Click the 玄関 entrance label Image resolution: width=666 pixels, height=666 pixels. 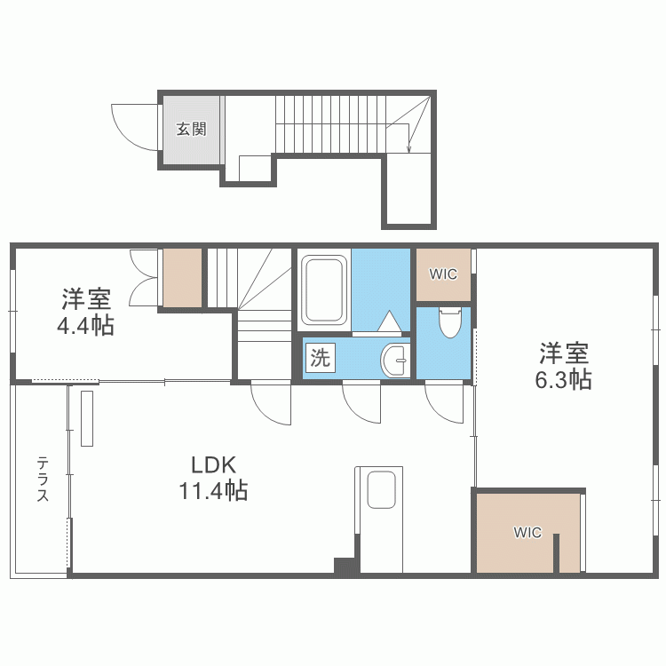tap(190, 130)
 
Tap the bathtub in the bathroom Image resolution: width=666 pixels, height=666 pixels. tap(323, 290)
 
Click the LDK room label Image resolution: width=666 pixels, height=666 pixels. tap(213, 464)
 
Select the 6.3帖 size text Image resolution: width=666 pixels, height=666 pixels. tap(564, 380)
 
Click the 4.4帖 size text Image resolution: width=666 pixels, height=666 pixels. tap(85, 325)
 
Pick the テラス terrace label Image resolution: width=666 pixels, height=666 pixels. tap(43, 480)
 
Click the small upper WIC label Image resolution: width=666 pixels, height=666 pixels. tap(443, 274)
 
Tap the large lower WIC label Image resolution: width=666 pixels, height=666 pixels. tap(527, 533)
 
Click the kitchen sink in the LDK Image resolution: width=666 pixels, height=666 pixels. tap(381, 489)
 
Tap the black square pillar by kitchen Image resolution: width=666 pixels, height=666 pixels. tap(345, 566)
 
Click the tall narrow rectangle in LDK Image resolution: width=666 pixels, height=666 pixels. tap(87, 418)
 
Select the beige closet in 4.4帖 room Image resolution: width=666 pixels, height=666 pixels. tap(181, 279)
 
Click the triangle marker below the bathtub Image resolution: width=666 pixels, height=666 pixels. tap(391, 320)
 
